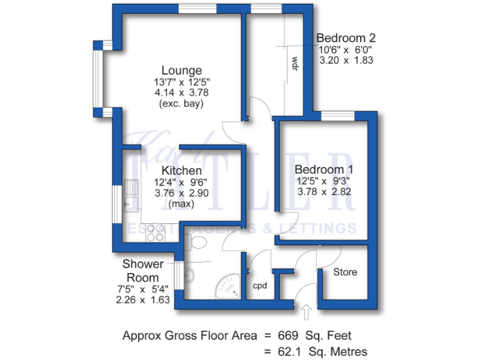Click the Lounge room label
(181, 70)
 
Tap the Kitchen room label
(181, 170)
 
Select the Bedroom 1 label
(324, 169)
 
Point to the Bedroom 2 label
(345, 37)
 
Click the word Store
(345, 272)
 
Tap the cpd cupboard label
(260, 286)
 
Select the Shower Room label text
(142, 271)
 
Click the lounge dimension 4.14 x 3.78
(181, 92)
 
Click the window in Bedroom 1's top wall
(337, 116)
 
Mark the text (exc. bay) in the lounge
(181, 104)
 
